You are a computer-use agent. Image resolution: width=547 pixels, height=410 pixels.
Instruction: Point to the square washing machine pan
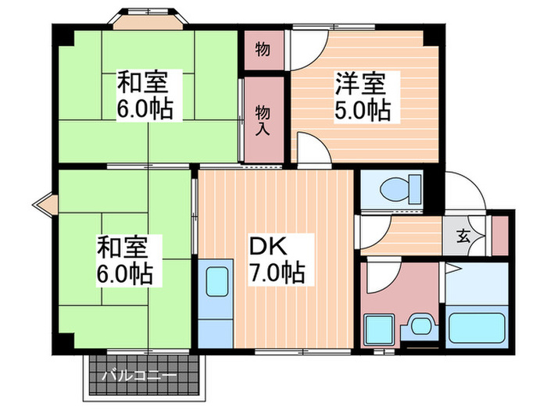tap(382, 328)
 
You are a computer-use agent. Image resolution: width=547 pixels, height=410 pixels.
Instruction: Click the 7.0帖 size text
tap(277, 273)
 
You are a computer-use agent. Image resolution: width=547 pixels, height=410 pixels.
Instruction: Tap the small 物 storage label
tap(263, 50)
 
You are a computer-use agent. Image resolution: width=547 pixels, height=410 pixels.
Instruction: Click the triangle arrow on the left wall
tap(42, 205)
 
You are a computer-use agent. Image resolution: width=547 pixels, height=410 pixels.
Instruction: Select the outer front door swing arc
tap(467, 190)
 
